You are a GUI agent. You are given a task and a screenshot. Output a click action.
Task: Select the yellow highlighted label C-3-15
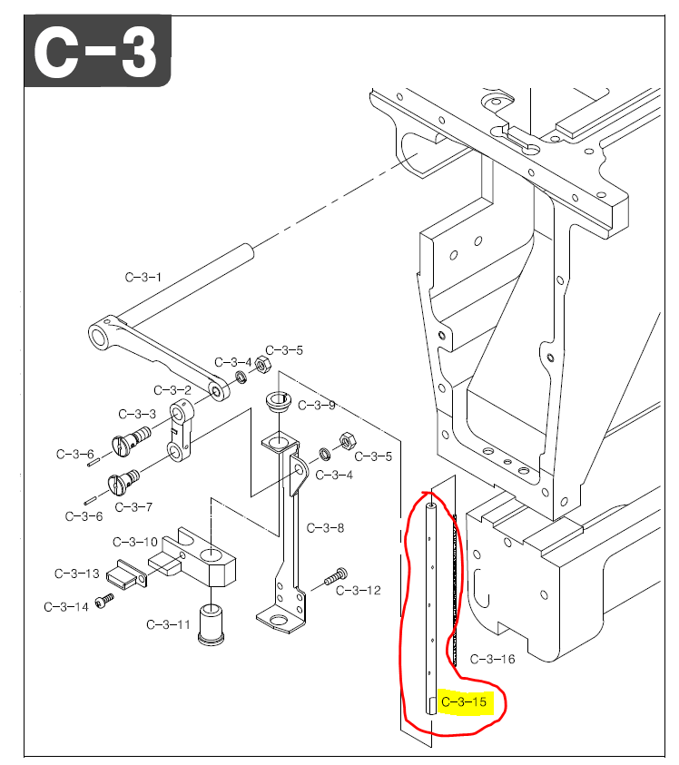[x=464, y=702]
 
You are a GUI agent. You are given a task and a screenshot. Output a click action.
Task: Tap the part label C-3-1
[x=143, y=277]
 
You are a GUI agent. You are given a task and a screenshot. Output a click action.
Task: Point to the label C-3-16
[x=492, y=659]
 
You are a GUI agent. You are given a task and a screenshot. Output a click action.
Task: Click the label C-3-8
[x=325, y=528]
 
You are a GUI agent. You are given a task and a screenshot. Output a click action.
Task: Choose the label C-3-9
[x=317, y=405]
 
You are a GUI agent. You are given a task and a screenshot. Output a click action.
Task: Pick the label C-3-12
[x=359, y=591]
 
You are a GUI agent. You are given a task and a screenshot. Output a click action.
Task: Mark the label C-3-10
[x=135, y=542]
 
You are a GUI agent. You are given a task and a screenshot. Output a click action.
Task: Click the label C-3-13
[x=77, y=574]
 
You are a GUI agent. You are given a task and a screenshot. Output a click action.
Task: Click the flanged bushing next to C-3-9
[x=276, y=400]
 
